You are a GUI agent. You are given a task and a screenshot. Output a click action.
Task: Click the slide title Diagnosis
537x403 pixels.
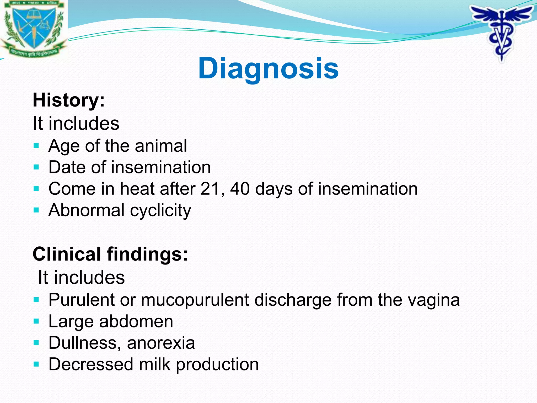pos(268,68)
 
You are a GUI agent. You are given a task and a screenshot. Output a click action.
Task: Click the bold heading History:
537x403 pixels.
pos(69,100)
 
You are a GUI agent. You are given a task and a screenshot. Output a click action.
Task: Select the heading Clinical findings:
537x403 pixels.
pos(110,254)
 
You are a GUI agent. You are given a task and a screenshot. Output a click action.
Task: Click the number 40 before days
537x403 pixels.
pos(240,189)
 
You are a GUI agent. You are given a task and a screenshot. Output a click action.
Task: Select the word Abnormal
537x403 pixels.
pos(87,210)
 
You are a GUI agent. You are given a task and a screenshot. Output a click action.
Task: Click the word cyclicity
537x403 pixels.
pos(160,211)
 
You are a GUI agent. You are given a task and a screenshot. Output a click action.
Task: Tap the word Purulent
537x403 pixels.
pos(82,300)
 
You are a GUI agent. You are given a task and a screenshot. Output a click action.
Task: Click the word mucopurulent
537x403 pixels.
pos(195,300)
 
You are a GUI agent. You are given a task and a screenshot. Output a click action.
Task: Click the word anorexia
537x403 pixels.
pos(161,343)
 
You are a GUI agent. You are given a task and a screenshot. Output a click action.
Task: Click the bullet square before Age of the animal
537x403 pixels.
pos(36,146)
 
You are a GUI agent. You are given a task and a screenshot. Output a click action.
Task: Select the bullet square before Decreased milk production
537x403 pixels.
pos(36,364)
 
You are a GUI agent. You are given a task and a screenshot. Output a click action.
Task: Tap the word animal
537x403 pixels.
pos(161,146)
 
